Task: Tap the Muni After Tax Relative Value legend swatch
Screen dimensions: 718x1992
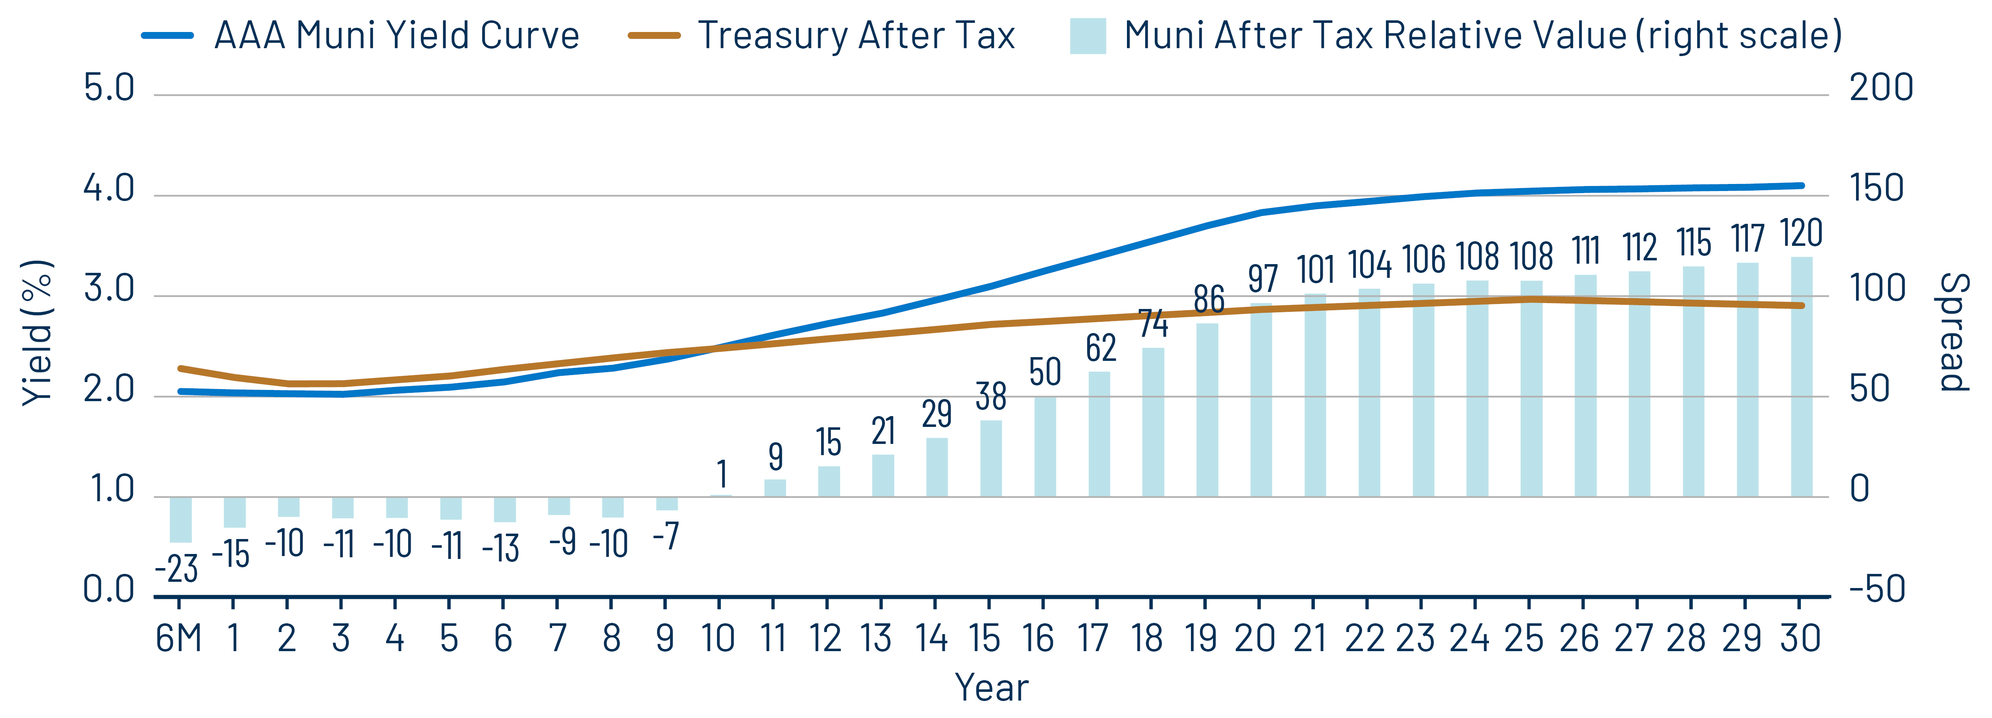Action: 1087,36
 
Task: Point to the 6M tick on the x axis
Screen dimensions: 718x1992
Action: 179,638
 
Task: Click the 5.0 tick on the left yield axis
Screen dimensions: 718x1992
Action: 109,88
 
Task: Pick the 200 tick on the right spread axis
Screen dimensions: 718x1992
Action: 1881,88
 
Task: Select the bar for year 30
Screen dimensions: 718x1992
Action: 1801,377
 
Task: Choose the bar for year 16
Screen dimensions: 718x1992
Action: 1045,447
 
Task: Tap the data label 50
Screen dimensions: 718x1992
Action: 1045,372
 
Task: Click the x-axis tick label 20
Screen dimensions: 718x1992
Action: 1254,638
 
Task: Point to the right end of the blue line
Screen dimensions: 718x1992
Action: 1802,186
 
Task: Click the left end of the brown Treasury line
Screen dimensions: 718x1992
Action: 180,369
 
